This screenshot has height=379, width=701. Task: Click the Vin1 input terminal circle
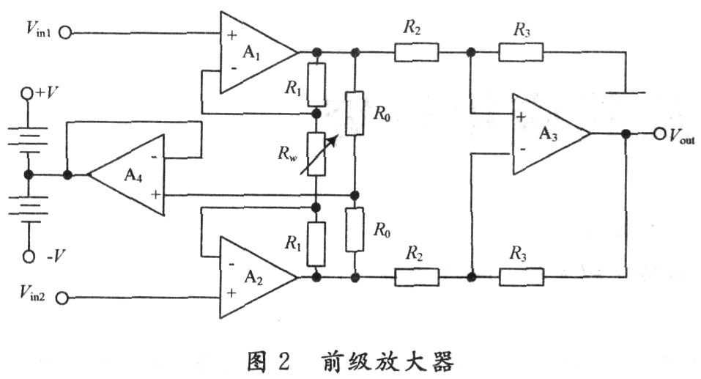tap(65, 33)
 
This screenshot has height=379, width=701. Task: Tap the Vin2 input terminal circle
tap(62, 298)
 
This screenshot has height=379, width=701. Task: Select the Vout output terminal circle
tap(660, 134)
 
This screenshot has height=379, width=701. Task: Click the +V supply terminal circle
tap(28, 93)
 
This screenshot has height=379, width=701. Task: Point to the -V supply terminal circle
tap(29, 257)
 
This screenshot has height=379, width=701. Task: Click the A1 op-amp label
tap(251, 53)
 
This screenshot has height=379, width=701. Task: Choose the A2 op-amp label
tap(253, 278)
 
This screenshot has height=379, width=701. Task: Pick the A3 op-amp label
tap(548, 133)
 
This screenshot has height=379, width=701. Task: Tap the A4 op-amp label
tap(133, 175)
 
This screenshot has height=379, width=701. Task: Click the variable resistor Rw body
tap(316, 155)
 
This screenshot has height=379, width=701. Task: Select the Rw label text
tap(287, 153)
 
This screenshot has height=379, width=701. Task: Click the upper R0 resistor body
tap(355, 113)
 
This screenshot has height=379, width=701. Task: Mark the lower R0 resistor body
tap(355, 229)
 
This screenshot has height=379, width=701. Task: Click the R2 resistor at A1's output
tap(417, 52)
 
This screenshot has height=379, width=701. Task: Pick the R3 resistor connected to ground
tap(522, 52)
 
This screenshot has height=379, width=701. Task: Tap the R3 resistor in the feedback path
tap(522, 277)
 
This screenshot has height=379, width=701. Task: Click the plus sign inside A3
tap(521, 117)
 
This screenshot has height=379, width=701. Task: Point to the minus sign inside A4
tap(155, 157)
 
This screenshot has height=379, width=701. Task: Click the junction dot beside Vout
tap(626, 134)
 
